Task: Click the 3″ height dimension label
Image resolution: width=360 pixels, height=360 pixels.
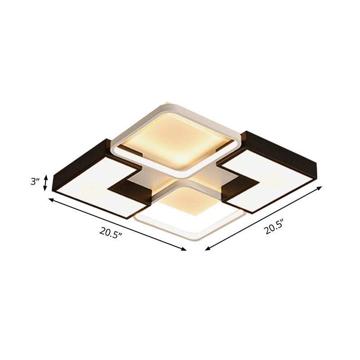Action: [35, 182]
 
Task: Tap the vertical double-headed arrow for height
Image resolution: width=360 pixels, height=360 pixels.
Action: [45, 183]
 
